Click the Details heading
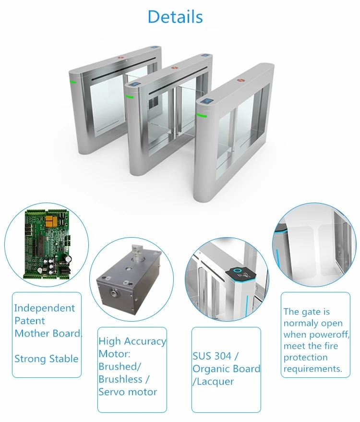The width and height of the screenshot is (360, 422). point(175,17)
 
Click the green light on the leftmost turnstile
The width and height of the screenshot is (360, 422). point(72,82)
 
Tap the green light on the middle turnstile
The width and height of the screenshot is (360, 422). point(130,96)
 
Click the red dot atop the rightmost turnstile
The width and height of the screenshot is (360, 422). point(240,80)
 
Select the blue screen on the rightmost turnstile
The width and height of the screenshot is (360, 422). point(207,102)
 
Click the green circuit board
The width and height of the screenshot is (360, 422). point(48,244)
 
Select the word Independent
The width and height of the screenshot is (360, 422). point(45,308)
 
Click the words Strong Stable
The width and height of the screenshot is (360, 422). point(46,359)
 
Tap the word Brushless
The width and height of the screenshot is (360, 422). point(120,379)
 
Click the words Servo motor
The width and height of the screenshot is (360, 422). point(128,392)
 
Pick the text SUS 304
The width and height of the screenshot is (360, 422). point(212,356)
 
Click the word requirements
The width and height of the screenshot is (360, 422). point(312,369)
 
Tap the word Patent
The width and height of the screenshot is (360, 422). point(30,321)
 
